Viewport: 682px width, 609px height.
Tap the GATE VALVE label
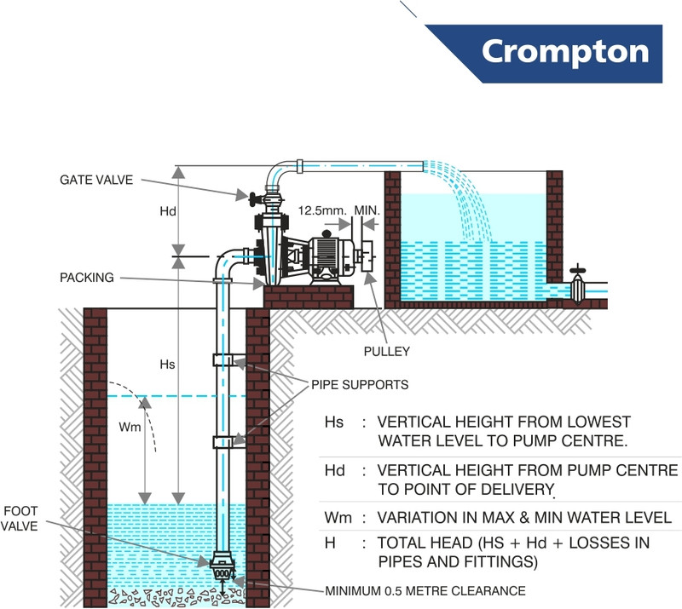point(96,180)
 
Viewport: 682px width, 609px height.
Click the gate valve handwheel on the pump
point(252,199)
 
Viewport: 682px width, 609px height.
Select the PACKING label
point(87,278)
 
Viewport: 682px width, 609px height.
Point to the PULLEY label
point(387,351)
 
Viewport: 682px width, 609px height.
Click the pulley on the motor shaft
point(368,256)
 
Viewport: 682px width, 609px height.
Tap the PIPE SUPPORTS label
point(360,385)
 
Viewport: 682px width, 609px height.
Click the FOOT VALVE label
point(20,518)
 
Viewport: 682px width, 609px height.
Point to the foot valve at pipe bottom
point(222,566)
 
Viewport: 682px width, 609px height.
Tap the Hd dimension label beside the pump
point(167,211)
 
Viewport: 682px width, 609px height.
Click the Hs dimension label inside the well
point(167,365)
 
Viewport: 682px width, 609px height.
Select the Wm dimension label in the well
point(130,427)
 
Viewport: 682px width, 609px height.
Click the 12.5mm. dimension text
point(322,211)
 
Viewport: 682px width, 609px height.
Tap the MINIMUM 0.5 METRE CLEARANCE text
point(425,591)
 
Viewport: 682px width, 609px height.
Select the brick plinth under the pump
point(309,297)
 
